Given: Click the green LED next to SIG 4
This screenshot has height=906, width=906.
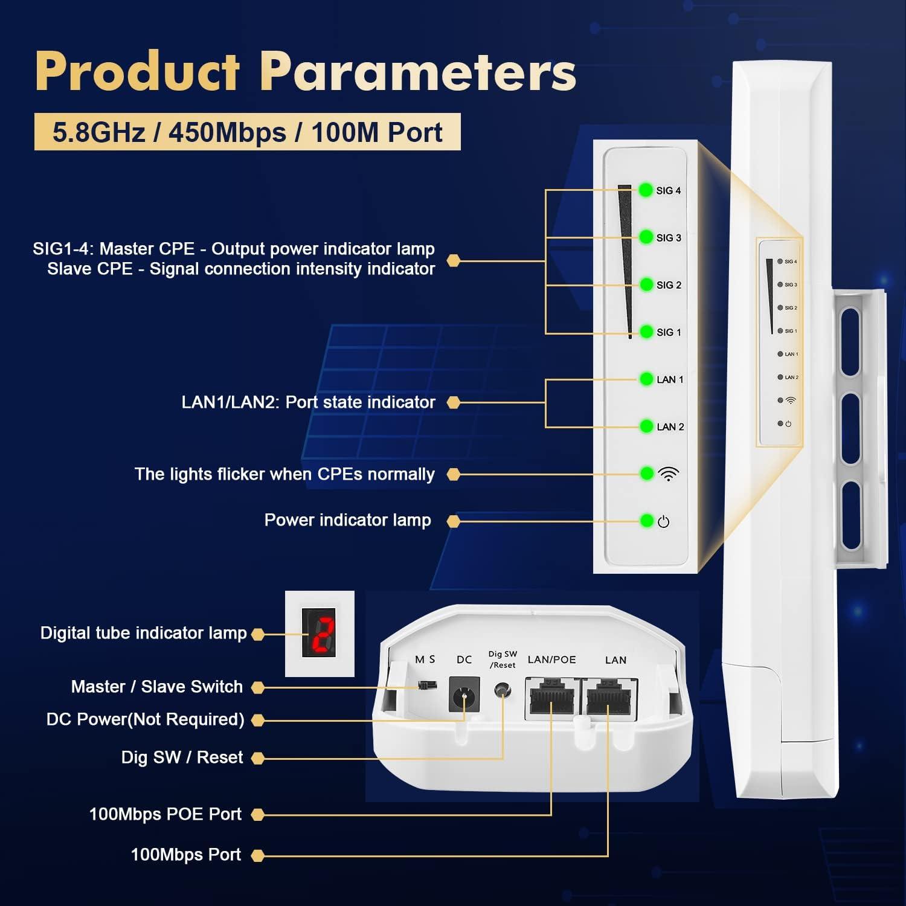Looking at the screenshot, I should pyautogui.click(x=646, y=190).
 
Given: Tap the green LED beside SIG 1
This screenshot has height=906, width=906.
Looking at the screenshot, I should pyautogui.click(x=646, y=332).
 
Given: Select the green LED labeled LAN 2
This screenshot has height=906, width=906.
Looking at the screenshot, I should pyautogui.click(x=646, y=426).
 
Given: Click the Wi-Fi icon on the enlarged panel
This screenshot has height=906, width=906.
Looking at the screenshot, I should pyautogui.click(x=669, y=474).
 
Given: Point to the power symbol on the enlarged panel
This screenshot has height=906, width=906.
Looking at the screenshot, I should pyautogui.click(x=663, y=522).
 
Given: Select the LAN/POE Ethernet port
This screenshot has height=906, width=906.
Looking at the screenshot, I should pyautogui.click(x=551, y=698).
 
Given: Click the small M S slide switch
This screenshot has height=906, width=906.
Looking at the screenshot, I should pyautogui.click(x=428, y=686).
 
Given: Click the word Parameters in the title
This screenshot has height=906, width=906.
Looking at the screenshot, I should pyautogui.click(x=418, y=72).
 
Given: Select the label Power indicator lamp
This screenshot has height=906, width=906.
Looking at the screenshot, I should pyautogui.click(x=347, y=520).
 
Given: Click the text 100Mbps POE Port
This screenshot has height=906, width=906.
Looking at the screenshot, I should pyautogui.click(x=165, y=814).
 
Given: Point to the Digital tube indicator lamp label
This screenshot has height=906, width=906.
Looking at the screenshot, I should pyautogui.click(x=143, y=633).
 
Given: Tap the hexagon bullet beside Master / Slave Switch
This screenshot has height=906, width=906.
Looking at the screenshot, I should pyautogui.click(x=258, y=687).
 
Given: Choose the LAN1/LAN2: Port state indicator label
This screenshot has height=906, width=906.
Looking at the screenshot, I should pyautogui.click(x=308, y=402).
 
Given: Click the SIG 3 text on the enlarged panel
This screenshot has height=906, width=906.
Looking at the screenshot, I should pyautogui.click(x=669, y=238).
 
